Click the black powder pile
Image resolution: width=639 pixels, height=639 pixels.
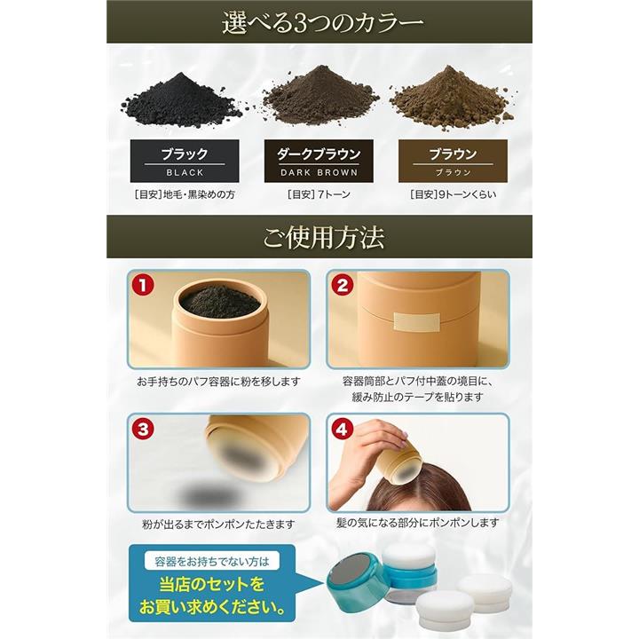(181, 100)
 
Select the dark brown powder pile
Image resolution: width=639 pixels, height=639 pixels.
(319, 96)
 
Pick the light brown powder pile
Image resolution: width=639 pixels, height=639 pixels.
(452, 98)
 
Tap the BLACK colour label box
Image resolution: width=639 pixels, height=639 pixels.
(185, 161)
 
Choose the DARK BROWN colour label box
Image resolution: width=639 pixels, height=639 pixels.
(319, 161)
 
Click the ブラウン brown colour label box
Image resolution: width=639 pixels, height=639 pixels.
(453, 161)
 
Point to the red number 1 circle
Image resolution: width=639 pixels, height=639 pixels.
(142, 285)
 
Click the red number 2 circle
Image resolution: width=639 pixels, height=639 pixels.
(342, 285)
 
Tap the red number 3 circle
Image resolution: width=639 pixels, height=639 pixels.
(143, 430)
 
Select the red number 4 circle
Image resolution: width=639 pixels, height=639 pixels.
(343, 430)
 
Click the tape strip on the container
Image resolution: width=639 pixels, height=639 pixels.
(417, 322)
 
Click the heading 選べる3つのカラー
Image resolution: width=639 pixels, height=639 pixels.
(323, 23)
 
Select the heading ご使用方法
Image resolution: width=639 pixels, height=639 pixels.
(324, 238)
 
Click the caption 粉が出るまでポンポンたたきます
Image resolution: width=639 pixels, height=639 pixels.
(218, 525)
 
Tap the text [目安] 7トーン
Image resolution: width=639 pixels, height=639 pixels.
(319, 194)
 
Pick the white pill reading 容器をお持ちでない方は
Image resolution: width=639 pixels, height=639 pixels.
(212, 562)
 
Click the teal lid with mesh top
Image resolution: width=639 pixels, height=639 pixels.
(355, 575)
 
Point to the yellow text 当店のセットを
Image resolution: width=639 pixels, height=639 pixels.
(212, 584)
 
